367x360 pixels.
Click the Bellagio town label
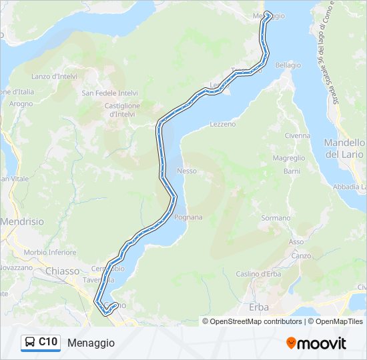(288, 65)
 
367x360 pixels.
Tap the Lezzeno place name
(223, 124)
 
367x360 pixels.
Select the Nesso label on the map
(187, 171)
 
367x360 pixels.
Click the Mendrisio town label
(21, 221)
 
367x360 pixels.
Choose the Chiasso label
(63, 271)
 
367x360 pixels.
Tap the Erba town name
(258, 307)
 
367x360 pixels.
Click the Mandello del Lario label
(344, 149)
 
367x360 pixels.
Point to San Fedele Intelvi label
(109, 93)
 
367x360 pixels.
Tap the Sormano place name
(276, 218)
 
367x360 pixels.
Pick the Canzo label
(301, 255)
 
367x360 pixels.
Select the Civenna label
(298, 135)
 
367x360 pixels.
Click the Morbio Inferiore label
(51, 253)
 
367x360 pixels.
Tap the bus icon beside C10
(30, 342)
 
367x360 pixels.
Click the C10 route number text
(48, 342)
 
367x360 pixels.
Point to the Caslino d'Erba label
(257, 273)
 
